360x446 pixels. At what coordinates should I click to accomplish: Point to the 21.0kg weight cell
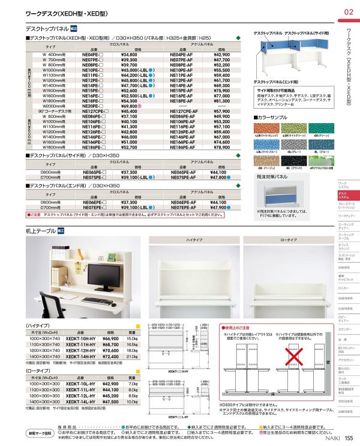(133, 357)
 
